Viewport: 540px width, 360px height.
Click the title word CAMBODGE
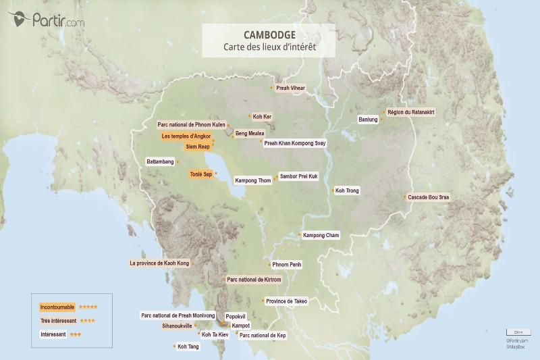pos(269,34)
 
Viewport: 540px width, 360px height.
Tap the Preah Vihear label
pos(290,88)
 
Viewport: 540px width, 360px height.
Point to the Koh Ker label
pos(262,116)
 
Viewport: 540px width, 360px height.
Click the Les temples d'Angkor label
pos(186,136)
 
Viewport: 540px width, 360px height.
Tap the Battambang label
pos(161,162)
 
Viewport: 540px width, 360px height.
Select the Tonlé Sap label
pos(201,174)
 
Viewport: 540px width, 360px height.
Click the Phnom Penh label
pos(286,265)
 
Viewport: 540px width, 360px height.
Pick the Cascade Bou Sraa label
pos(429,197)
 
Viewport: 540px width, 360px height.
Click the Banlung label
pos(368,120)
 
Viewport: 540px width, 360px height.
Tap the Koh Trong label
pos(348,191)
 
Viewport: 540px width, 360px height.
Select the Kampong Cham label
pos(321,235)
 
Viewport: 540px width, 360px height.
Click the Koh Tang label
pos(188,346)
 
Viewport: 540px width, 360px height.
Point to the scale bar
pos(518,332)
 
